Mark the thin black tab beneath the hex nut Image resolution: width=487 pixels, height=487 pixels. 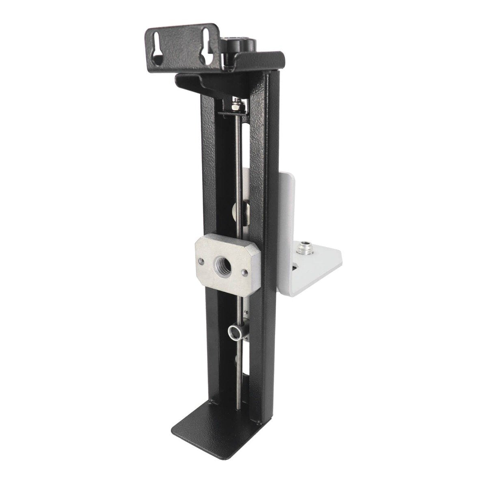(x=233, y=114)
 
